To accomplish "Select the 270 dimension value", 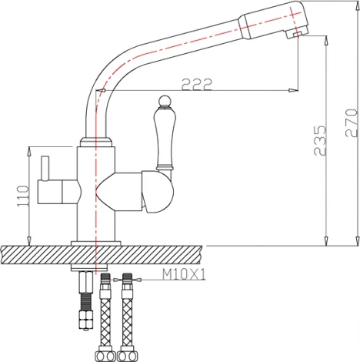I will click(350, 122).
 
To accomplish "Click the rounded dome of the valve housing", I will click(160, 196).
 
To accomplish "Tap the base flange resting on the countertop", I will click(96, 243).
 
